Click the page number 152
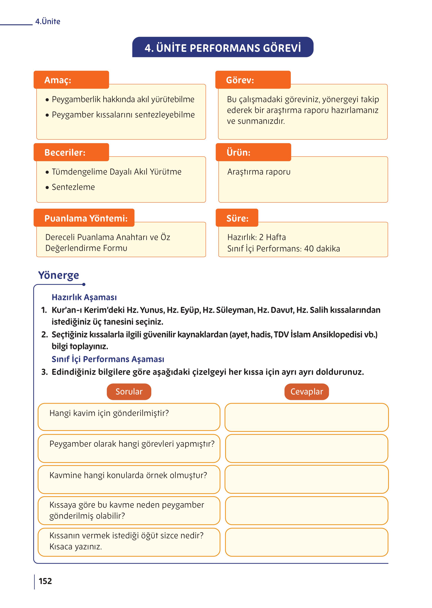pos(45,581)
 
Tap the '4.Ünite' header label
pos(48,22)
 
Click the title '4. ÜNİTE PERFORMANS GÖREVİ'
pos(223,48)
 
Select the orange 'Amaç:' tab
pos(71,80)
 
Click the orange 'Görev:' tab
pos(253,80)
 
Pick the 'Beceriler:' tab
pos(71,152)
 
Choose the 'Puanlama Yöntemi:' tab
pos(84,218)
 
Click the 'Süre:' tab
pos(237,218)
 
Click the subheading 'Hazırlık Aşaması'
pos(84,297)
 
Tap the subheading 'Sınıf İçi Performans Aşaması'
pos(108,359)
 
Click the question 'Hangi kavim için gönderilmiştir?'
pos(109,413)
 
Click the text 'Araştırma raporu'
pos(259,172)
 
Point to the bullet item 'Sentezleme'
pos(73,187)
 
